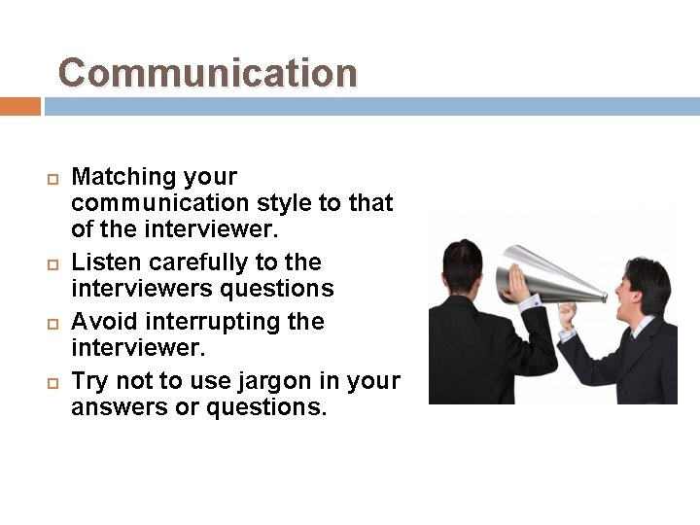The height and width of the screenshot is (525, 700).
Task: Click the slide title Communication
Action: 207,73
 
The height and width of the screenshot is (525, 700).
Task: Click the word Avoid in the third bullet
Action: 102,322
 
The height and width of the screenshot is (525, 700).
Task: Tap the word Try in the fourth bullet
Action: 90,381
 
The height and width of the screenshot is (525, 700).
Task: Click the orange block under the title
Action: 19,106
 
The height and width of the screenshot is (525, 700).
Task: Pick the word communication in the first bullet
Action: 160,203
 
